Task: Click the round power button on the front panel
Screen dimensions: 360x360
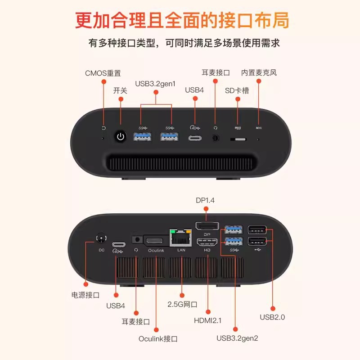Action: coord(120,136)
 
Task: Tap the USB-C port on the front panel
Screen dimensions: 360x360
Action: coord(195,137)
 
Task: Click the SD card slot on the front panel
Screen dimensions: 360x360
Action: coord(238,139)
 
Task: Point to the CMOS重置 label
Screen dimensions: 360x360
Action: coord(103,73)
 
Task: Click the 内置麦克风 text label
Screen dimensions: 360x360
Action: coord(259,72)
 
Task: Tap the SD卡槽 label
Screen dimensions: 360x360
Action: coord(237,90)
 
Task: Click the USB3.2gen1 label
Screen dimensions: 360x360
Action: coord(155,84)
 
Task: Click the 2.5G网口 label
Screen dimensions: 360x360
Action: coord(182,304)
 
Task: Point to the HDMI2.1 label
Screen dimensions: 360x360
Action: coord(208,320)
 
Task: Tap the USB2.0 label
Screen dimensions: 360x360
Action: coord(273,317)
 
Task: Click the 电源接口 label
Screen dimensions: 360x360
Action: coord(85,295)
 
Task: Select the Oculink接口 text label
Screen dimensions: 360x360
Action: coord(158,338)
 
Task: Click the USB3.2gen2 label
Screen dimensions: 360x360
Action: coord(237,338)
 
